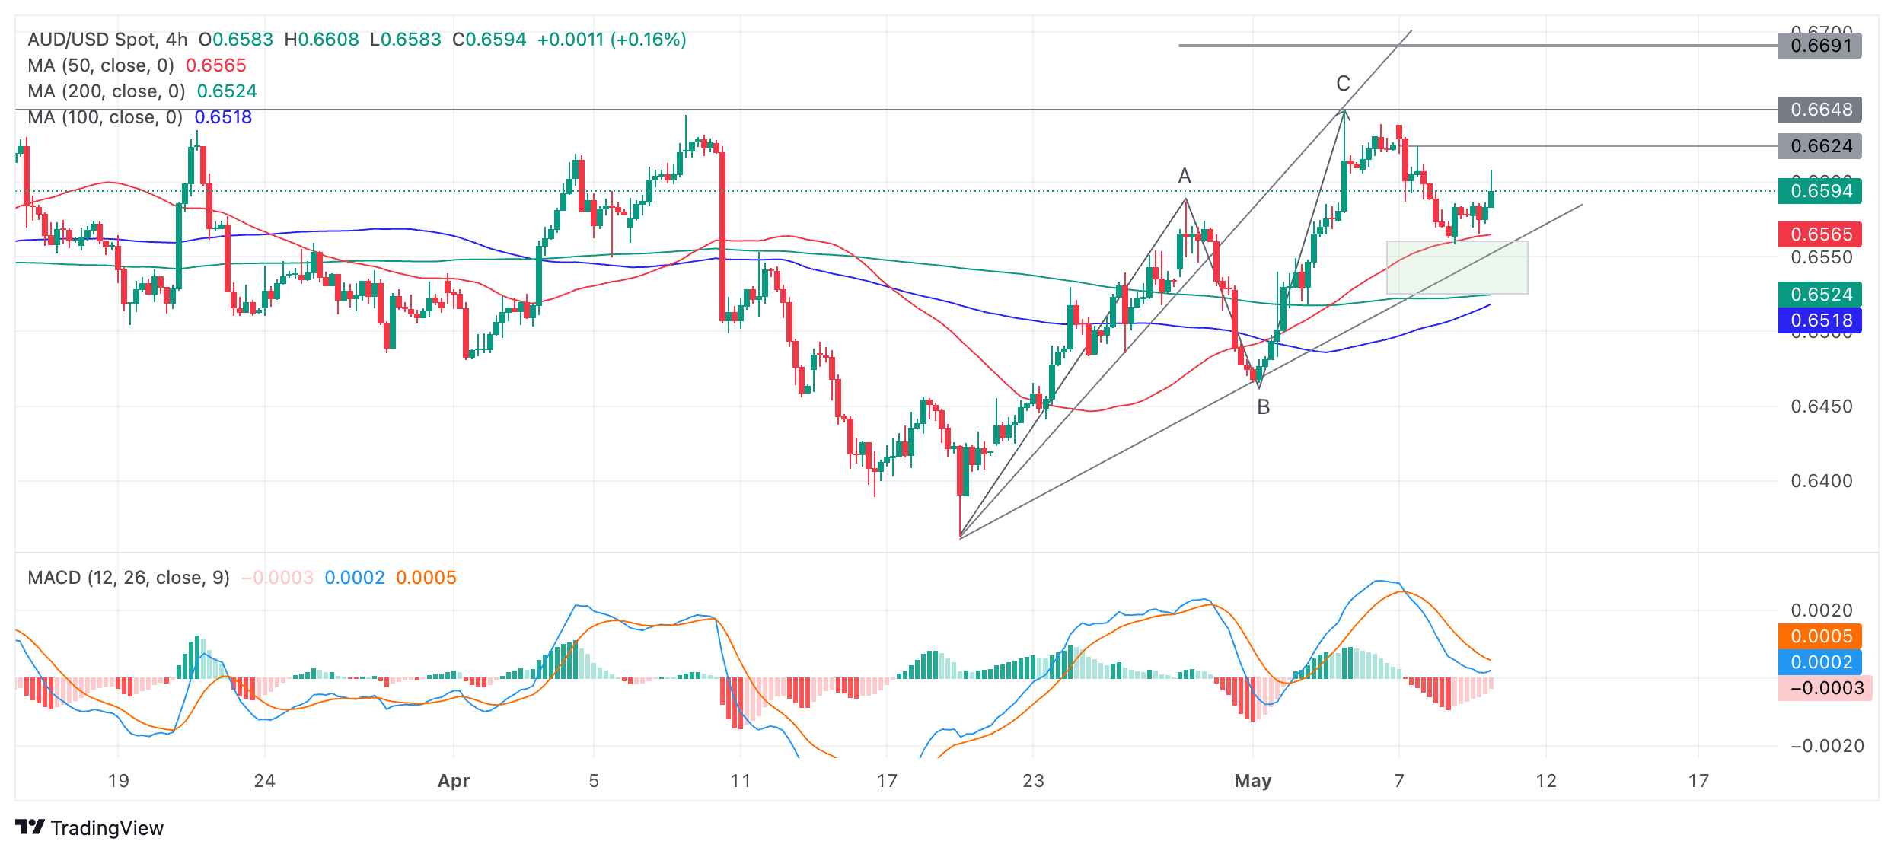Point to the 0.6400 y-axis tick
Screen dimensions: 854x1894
coord(1821,481)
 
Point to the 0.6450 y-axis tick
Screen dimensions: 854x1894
coord(1821,406)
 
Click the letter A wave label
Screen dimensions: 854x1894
coord(1185,176)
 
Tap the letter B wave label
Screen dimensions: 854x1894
coord(1264,407)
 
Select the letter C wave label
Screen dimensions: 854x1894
coord(1343,84)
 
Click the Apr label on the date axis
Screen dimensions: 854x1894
coord(454,781)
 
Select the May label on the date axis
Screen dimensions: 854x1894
coord(1253,781)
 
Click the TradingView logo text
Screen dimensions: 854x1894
coord(107,828)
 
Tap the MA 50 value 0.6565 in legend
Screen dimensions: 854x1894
coord(216,65)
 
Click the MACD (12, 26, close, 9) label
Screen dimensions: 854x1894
coord(129,578)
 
